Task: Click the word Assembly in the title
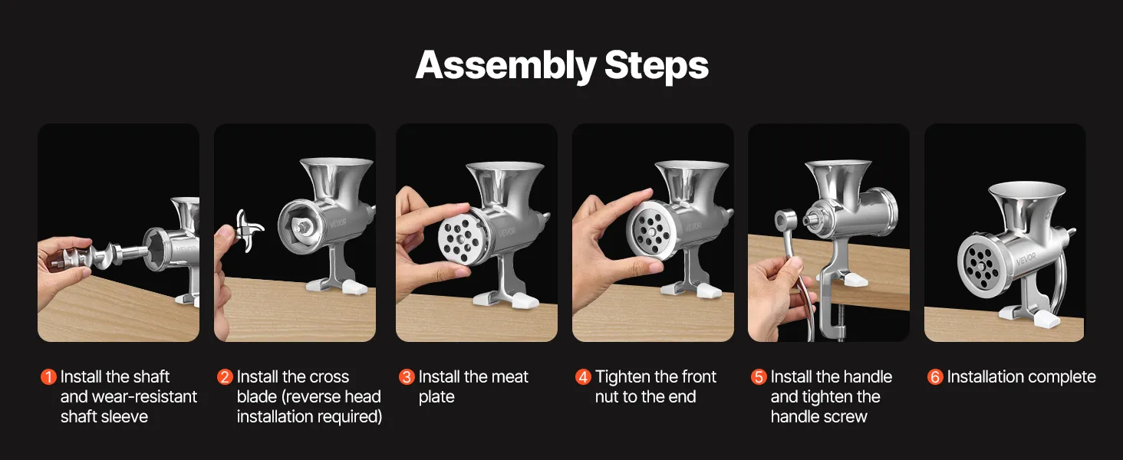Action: (x=506, y=66)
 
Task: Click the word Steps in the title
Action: (x=657, y=65)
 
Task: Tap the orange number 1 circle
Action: (x=48, y=377)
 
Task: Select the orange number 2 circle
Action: (x=225, y=377)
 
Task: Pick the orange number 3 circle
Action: (x=407, y=377)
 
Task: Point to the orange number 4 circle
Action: (x=583, y=377)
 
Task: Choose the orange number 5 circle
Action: (x=759, y=377)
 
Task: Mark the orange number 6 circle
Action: (x=935, y=377)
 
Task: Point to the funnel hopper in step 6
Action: (x=1026, y=205)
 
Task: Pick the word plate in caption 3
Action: (x=436, y=397)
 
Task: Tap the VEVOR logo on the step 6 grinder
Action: (x=1026, y=259)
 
